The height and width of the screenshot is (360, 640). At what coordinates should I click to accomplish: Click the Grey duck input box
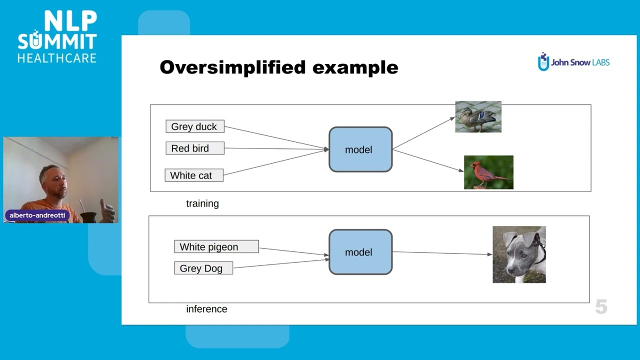194,126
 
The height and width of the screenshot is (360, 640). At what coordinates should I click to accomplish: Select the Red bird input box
194,148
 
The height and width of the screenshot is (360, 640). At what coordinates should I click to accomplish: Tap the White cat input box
194,175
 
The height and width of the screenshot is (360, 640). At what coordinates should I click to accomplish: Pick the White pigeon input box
216,246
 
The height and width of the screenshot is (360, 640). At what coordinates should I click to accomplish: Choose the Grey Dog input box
203,268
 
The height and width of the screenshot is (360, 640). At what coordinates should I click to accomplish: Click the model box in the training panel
360,149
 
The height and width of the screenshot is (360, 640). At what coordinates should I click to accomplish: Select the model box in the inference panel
360,252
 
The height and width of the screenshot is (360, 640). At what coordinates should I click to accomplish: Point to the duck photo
478,117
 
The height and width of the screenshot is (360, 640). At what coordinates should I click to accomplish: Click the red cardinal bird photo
488,172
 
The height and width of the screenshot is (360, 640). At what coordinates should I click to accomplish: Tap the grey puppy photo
519,254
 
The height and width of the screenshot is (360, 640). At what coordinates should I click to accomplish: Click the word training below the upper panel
202,203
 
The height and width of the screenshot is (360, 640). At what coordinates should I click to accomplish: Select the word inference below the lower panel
206,309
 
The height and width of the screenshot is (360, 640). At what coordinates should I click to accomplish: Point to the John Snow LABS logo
573,62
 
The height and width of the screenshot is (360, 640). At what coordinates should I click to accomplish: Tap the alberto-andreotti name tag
37,215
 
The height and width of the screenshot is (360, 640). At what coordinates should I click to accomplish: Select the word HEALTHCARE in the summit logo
57,58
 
